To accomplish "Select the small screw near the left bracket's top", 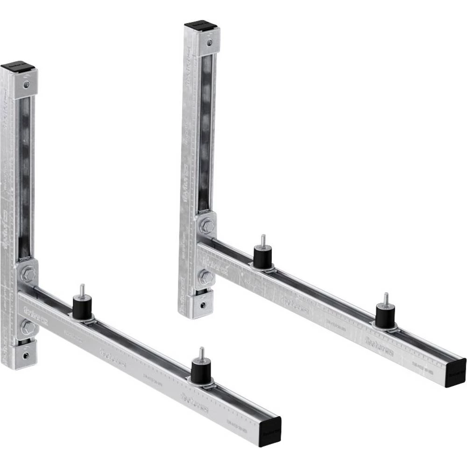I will pyautogui.click(x=27, y=85).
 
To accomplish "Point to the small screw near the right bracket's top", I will pyautogui.click(x=211, y=42).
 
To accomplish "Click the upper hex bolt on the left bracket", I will pyautogui.click(x=27, y=275).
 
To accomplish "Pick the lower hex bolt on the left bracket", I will pyautogui.click(x=27, y=327).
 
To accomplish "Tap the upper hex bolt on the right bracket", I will pyautogui.click(x=206, y=227).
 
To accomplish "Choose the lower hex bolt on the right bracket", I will pyautogui.click(x=206, y=277).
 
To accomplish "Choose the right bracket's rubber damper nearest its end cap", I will pyautogui.click(x=385, y=317).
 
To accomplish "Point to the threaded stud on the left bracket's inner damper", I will pyautogui.click(x=82, y=290).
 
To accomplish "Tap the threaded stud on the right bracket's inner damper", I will pyautogui.click(x=263, y=240).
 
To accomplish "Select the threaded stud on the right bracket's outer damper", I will pyautogui.click(x=386, y=299).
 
